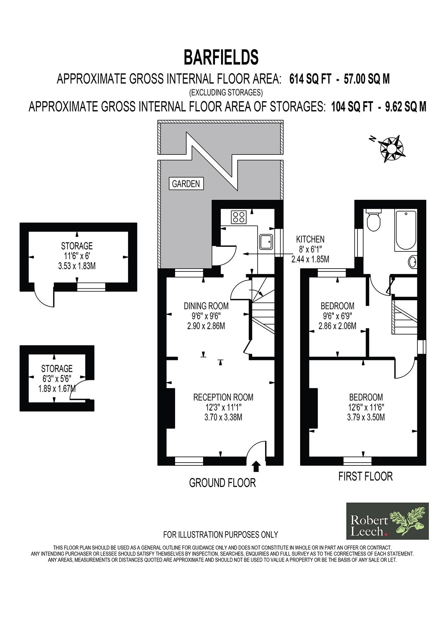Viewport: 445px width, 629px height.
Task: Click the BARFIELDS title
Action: click(x=221, y=57)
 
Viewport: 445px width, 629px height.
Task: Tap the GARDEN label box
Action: click(x=186, y=184)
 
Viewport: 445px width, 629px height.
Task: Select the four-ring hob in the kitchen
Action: click(x=239, y=217)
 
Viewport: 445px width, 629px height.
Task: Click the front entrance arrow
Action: click(x=256, y=466)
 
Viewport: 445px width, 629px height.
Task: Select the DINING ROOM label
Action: click(x=206, y=306)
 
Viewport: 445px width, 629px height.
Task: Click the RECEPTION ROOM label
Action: click(x=223, y=397)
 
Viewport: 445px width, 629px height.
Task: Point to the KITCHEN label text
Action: click(x=310, y=239)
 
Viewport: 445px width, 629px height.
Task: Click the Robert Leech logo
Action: click(x=388, y=521)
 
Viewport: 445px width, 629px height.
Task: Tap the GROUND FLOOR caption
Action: click(x=222, y=483)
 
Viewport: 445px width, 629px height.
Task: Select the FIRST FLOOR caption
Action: click(x=366, y=476)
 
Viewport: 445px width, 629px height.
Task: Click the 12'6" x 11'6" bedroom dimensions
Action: click(x=366, y=407)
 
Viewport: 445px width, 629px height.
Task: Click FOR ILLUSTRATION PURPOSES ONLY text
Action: click(x=221, y=535)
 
